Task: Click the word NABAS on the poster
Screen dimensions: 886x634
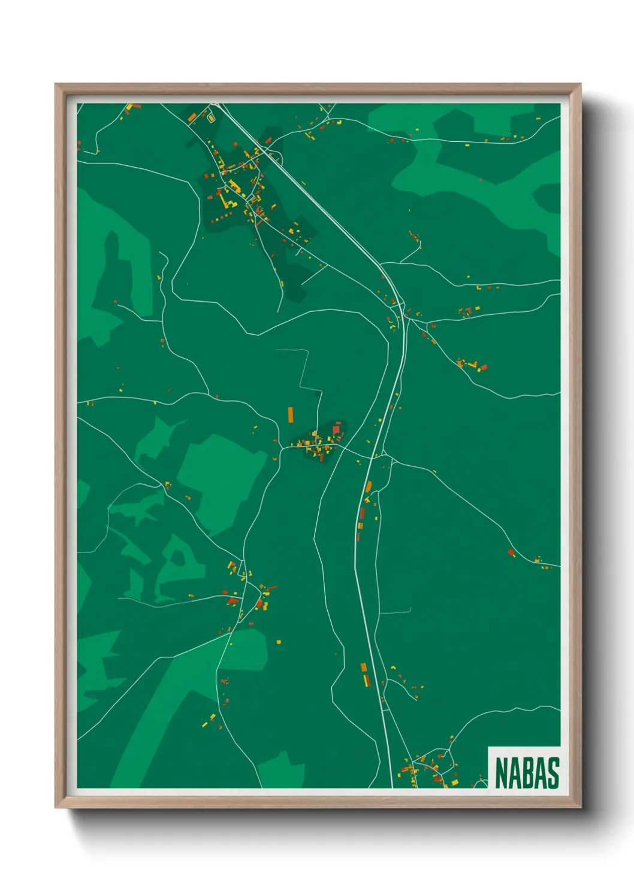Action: click(527, 772)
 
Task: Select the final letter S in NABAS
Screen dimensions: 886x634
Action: click(553, 772)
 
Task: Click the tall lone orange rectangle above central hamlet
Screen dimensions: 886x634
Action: click(291, 414)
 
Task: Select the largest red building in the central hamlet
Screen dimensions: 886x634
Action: click(336, 429)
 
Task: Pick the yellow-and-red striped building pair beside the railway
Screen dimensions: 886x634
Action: click(364, 674)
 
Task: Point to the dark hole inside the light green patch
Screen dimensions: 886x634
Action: click(178, 556)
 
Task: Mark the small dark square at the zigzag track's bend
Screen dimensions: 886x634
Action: click(318, 393)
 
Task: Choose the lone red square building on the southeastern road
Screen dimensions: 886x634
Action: click(511, 552)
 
